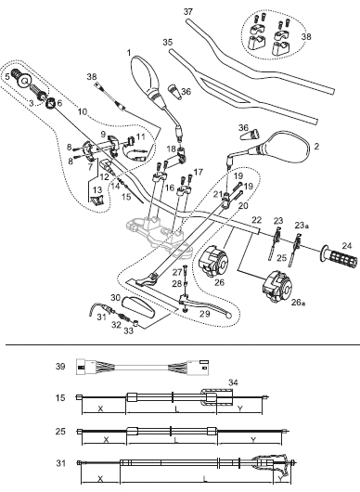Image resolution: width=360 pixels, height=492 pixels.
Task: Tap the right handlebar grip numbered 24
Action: tap(340, 258)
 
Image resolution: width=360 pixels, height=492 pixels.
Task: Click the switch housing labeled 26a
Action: tap(277, 287)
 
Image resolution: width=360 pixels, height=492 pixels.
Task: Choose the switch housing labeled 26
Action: tap(214, 261)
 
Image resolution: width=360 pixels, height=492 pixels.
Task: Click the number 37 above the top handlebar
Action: tap(187, 12)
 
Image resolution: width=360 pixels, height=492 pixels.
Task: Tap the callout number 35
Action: tap(168, 42)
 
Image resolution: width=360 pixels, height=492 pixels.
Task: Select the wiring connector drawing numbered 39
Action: tap(143, 367)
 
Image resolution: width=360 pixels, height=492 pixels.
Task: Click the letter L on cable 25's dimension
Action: tap(176, 441)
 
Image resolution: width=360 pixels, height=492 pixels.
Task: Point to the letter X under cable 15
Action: tap(100, 408)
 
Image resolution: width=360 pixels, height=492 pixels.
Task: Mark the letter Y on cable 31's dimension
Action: tap(280, 478)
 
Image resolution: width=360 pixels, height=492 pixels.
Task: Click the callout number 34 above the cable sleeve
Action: tap(233, 382)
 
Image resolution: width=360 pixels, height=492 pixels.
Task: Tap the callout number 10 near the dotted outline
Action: tap(83, 111)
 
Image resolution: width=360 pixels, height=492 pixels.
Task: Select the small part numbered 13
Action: tap(96, 199)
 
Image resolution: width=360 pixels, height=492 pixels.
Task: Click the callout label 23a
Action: tap(302, 225)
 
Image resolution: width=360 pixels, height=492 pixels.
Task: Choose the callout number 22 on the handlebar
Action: tap(256, 220)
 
